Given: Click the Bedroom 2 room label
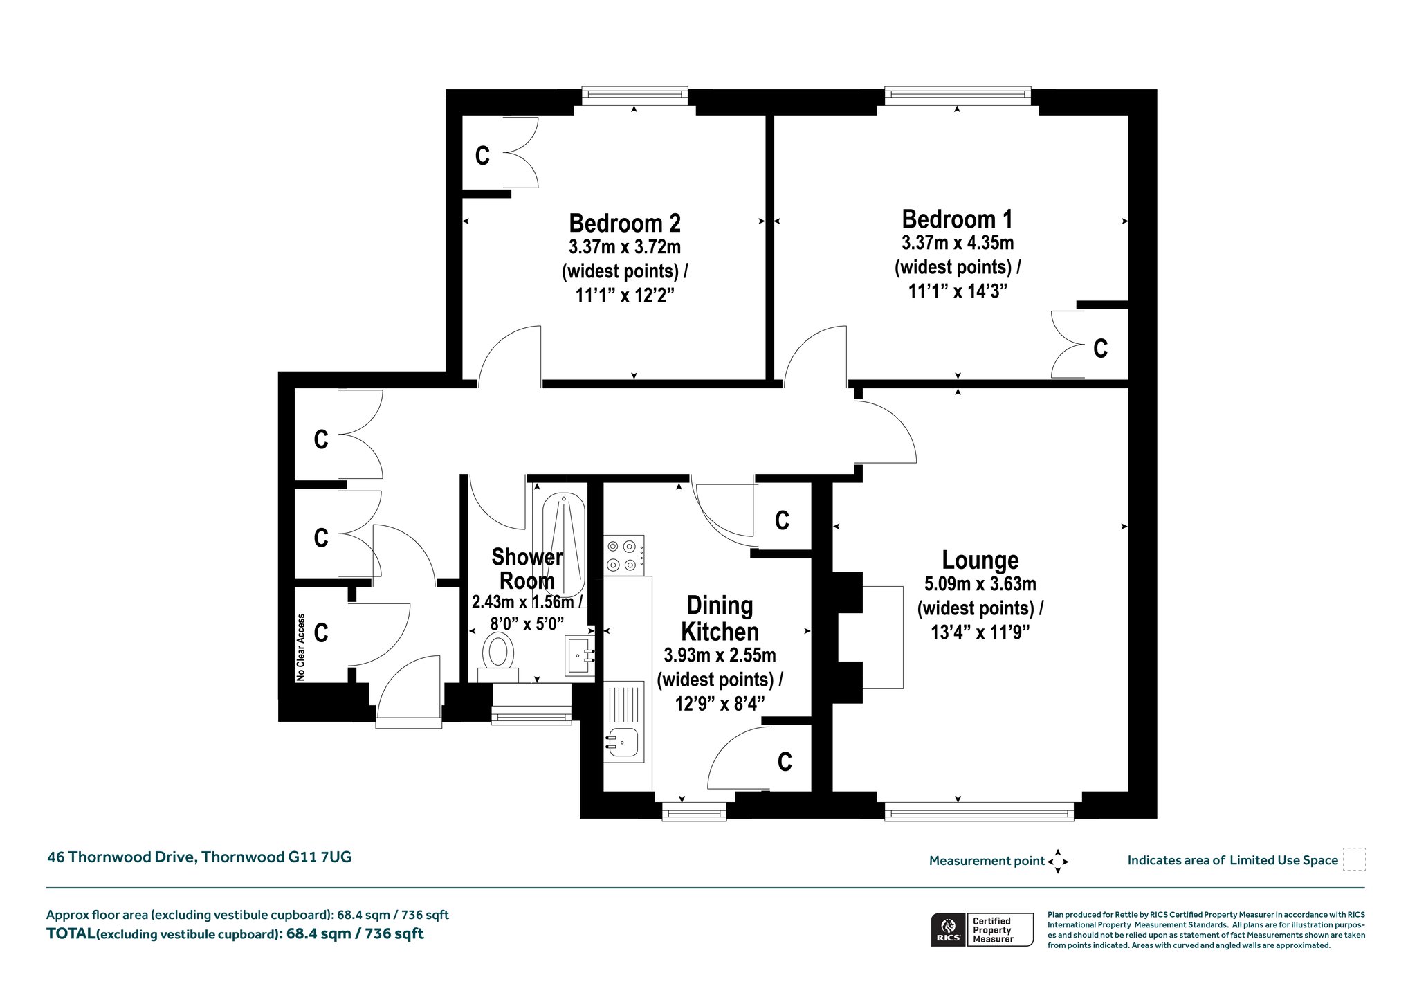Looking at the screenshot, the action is click(x=625, y=224).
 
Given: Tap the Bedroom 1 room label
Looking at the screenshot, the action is click(x=957, y=219).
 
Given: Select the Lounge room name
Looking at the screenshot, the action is click(x=980, y=560).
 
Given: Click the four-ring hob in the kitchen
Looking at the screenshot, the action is click(x=624, y=555).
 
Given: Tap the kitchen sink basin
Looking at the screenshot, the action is click(x=623, y=744).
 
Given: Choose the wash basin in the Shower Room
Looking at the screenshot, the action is click(x=580, y=655).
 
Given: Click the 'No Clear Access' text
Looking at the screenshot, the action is click(x=301, y=647).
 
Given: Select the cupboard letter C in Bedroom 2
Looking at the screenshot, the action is click(x=482, y=156).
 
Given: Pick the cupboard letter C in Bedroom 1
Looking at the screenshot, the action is click(x=1100, y=348).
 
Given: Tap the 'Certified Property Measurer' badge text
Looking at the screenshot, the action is click(x=992, y=930).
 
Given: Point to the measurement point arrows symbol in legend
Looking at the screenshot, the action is click(x=1058, y=862).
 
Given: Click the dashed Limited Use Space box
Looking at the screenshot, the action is click(x=1354, y=859).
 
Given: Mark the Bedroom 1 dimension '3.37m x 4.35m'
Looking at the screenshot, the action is click(x=958, y=243).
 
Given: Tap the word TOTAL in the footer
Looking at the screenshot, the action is click(x=71, y=933).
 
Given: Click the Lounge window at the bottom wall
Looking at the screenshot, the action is click(x=979, y=811).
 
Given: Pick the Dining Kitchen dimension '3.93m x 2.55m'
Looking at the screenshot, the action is click(x=720, y=655).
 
